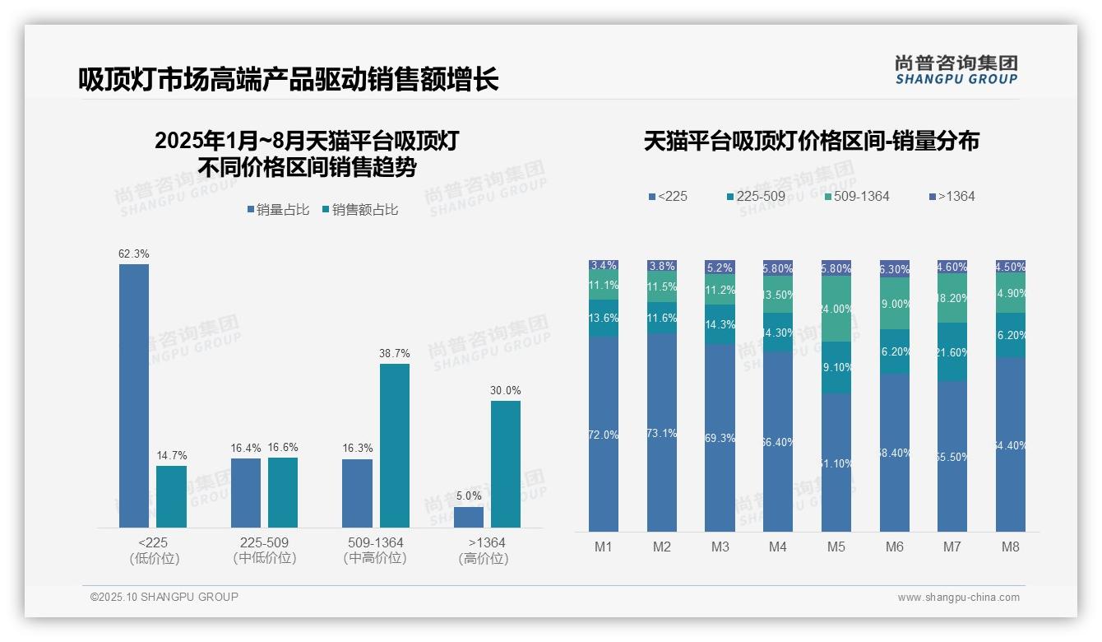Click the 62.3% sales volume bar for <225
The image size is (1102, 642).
click(134, 395)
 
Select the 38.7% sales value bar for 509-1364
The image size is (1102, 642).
click(395, 445)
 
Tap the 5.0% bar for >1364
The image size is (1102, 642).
click(469, 517)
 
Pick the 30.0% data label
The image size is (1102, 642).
click(506, 390)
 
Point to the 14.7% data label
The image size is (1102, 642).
click(172, 455)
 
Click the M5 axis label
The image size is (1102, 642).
click(836, 547)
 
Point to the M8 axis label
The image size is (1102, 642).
click(1011, 547)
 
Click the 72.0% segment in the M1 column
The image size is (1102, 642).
click(604, 434)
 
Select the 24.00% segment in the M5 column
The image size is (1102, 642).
click(836, 309)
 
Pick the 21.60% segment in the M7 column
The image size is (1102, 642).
click(952, 352)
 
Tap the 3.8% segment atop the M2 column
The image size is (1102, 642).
click(662, 266)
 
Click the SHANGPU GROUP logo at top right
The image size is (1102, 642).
click(956, 70)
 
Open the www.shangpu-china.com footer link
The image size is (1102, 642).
click(958, 598)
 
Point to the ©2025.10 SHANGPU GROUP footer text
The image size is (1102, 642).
click(164, 597)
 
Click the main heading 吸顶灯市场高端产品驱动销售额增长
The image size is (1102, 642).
click(289, 80)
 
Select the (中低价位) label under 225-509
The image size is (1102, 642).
click(265, 558)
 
